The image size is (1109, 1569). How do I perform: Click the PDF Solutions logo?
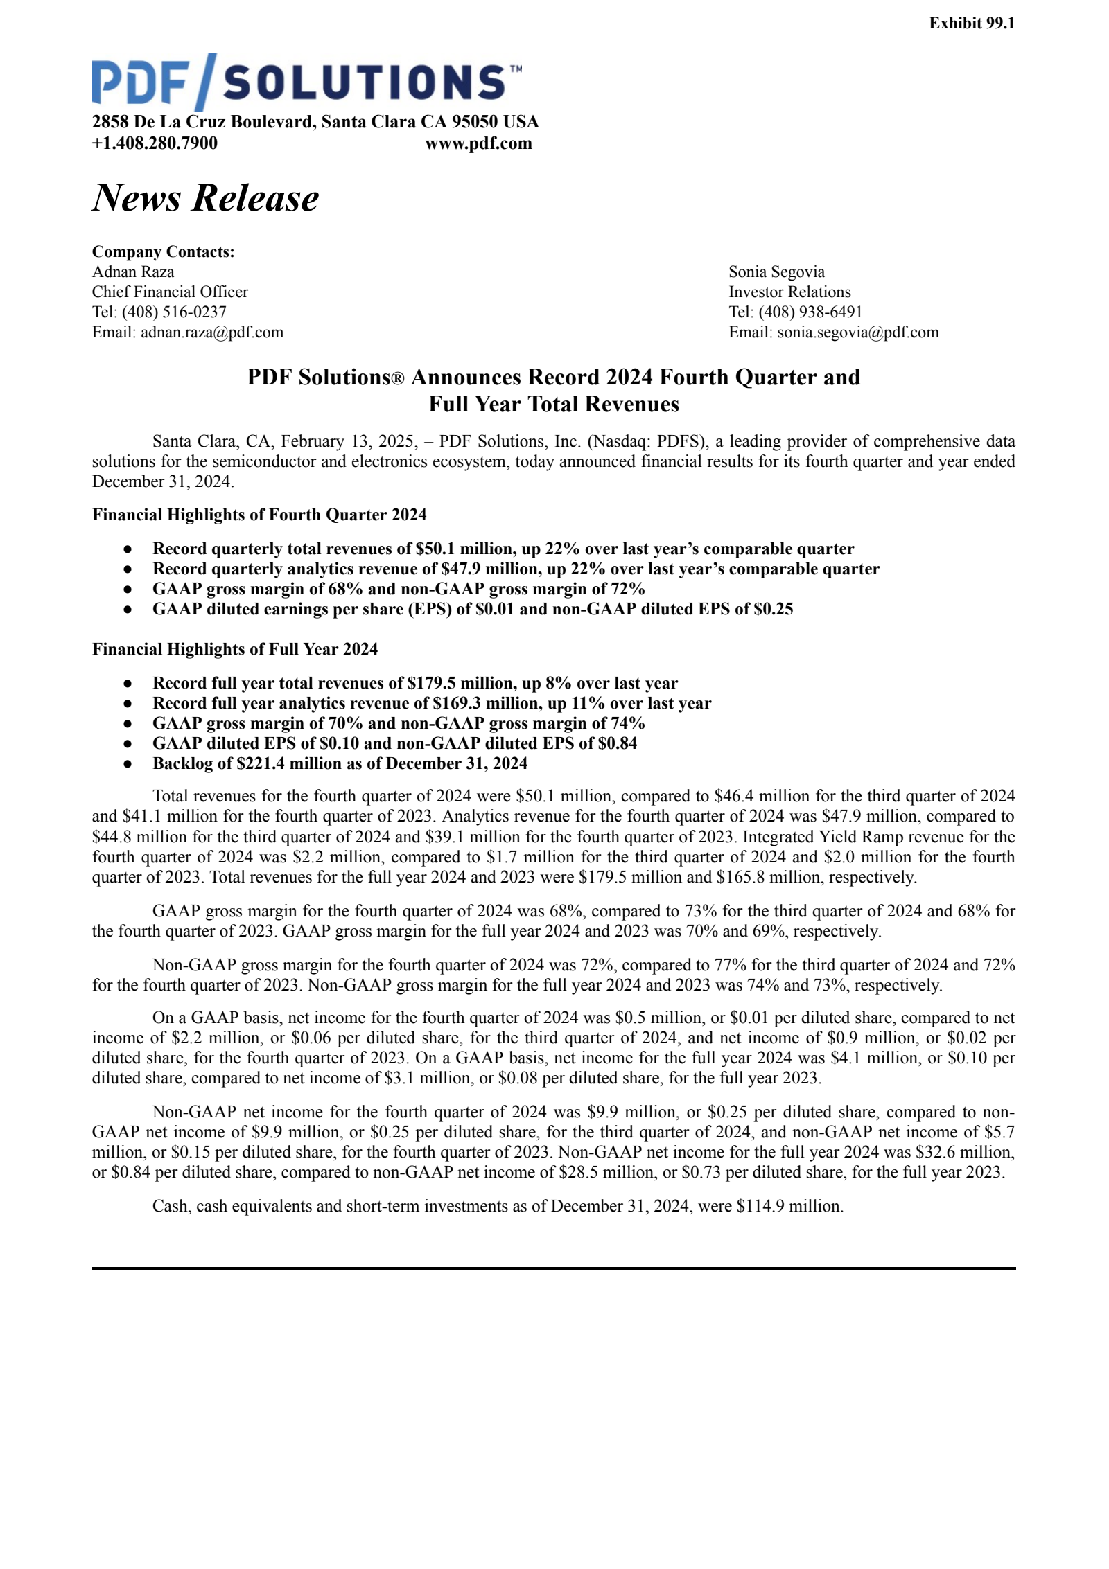click(306, 81)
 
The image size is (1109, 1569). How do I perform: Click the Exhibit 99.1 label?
click(971, 24)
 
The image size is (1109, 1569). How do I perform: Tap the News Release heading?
click(205, 198)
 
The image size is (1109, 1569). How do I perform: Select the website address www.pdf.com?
click(478, 143)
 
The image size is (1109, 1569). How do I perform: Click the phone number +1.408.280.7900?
click(155, 143)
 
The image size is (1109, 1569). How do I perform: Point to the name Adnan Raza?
click(133, 272)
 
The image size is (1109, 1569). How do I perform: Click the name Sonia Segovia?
click(776, 272)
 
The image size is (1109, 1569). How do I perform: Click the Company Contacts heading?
click(164, 251)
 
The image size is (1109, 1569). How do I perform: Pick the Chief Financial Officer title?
click(170, 292)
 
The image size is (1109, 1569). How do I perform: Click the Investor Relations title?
click(789, 292)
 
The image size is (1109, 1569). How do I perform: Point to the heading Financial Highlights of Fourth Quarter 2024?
click(259, 515)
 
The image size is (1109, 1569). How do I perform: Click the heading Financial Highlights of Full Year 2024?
click(235, 649)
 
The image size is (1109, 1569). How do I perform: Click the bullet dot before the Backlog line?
click(128, 763)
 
